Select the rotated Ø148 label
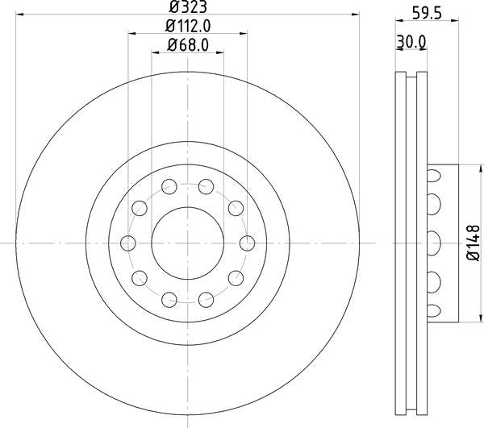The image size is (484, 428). click(474, 243)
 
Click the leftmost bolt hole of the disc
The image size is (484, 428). click(127, 243)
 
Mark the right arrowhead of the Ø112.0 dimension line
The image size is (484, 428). click(243, 35)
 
